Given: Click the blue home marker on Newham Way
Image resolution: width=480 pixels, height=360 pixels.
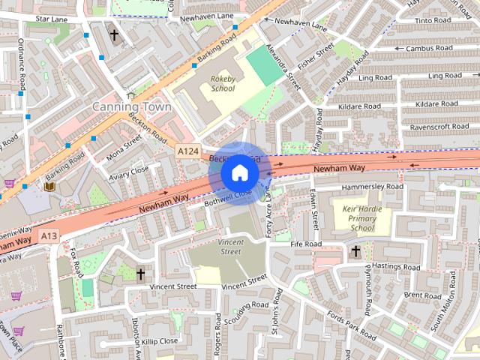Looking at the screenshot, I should [239, 172].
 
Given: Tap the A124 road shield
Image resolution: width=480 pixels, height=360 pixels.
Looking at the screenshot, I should [188, 151].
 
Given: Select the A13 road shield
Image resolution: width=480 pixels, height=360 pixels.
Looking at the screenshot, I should [49, 236].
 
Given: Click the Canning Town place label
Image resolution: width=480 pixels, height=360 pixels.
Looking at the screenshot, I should [131, 107].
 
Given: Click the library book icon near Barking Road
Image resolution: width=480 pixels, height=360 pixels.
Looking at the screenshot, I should [49, 185].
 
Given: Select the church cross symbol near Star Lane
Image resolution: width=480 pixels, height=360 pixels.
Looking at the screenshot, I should [114, 34].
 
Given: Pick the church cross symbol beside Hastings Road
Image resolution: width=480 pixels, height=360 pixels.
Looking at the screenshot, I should [355, 251].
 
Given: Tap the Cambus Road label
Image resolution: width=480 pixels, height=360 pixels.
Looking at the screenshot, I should [426, 48].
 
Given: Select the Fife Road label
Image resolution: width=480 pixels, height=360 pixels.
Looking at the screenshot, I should [306, 244].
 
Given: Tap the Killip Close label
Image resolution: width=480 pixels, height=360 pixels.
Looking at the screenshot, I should [159, 341].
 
